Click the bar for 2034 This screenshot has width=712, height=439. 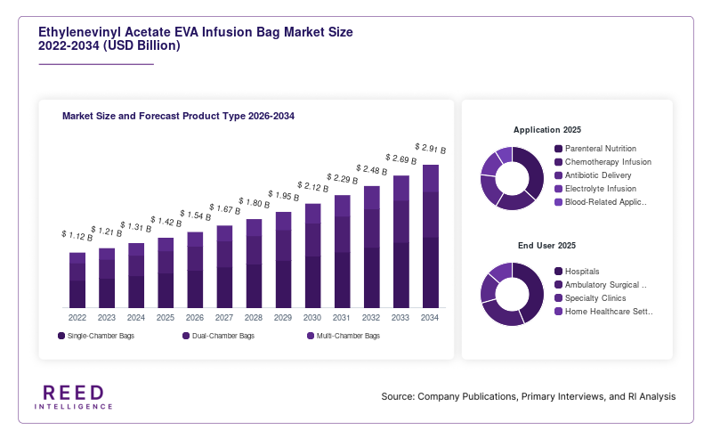click(x=431, y=236)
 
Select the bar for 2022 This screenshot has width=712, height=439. click(x=77, y=280)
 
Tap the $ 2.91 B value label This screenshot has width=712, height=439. click(x=431, y=149)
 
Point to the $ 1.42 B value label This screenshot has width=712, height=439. click(x=166, y=222)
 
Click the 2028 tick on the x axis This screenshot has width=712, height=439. click(x=254, y=318)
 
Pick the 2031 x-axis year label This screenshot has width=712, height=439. click(x=342, y=318)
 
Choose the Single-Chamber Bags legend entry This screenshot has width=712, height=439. click(x=96, y=336)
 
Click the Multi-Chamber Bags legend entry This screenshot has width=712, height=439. click(x=344, y=336)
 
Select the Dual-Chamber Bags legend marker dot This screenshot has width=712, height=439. click(x=186, y=336)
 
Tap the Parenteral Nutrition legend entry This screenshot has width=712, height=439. click(x=595, y=149)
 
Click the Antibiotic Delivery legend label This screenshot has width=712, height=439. click(x=598, y=175)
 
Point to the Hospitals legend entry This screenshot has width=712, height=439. click(x=577, y=272)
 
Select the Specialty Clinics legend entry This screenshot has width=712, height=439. click(x=590, y=298)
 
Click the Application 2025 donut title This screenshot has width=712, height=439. click(x=547, y=130)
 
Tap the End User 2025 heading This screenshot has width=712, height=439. click(x=546, y=246)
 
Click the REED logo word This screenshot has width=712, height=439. click(x=74, y=393)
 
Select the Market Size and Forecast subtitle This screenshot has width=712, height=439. click(x=178, y=116)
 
